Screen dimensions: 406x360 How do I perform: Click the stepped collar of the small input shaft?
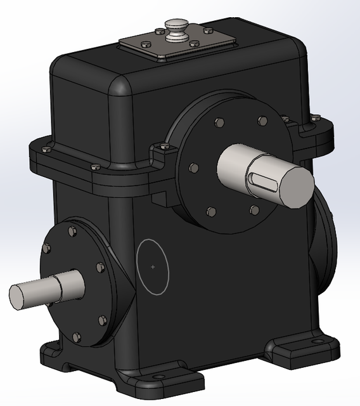point(69,285)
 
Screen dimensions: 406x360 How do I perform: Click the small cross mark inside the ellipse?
point(153,267)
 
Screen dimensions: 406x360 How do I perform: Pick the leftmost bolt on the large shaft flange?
point(193,168)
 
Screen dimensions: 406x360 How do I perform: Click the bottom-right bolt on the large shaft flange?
point(254,210)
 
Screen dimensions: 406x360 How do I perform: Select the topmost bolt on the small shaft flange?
point(72,232)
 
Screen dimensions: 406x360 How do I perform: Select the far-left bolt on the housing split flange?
point(46,150)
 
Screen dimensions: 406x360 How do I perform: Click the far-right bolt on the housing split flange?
point(315,117)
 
